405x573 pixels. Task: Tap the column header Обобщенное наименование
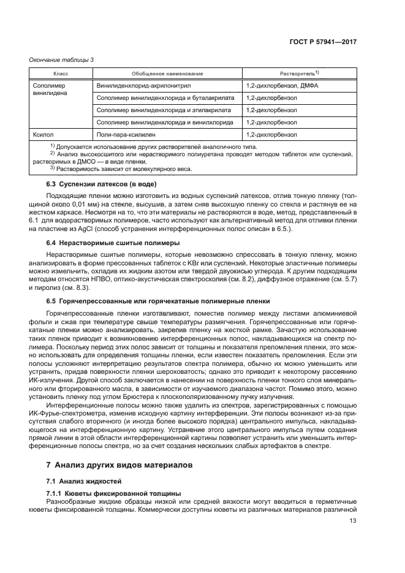tap(166, 74)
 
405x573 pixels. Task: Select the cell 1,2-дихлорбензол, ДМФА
tap(281, 86)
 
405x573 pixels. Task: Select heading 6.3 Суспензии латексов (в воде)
tap(102, 184)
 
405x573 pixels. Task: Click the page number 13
tap(353, 521)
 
